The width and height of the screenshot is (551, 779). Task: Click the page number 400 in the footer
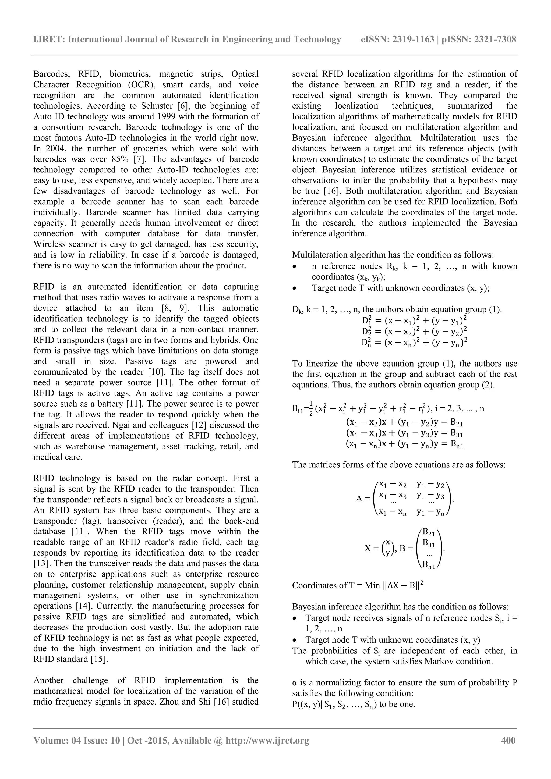pyautogui.click(x=508, y=740)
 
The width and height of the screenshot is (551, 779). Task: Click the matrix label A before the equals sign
pyautogui.click(x=359, y=499)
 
